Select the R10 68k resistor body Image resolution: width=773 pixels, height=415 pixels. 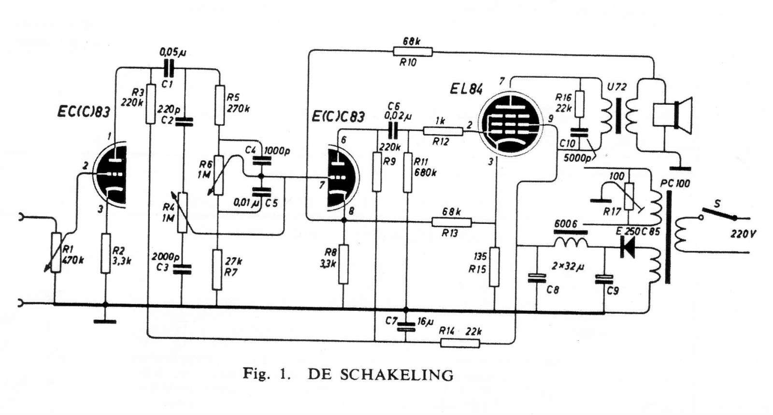point(413,52)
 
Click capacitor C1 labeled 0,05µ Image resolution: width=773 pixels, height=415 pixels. point(168,69)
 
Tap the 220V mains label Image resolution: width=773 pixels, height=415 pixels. point(744,235)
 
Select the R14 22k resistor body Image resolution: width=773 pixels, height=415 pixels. point(460,343)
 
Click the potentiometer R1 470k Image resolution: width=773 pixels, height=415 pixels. point(56,252)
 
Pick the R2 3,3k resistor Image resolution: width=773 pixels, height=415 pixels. point(106,253)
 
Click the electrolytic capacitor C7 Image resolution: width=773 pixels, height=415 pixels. point(406,326)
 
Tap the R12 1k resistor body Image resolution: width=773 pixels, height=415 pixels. point(443,131)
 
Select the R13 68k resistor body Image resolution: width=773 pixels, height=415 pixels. point(451,222)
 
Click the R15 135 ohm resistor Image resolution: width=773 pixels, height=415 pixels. point(495,266)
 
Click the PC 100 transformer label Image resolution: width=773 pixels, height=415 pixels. point(675,183)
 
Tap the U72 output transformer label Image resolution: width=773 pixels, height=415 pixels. point(616,86)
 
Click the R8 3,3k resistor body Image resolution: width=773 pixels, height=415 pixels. point(343,264)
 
